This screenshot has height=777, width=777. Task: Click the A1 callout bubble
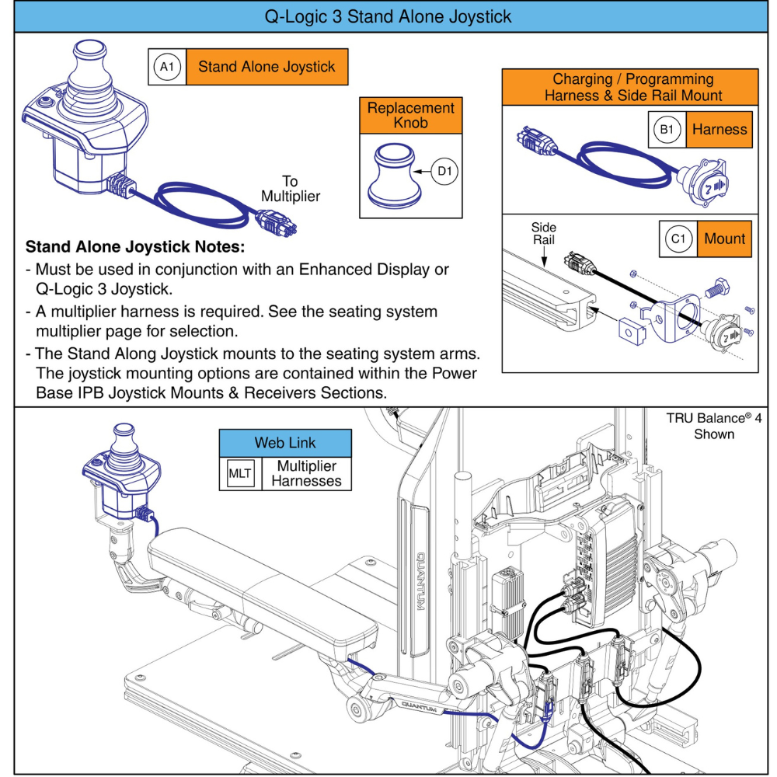click(x=166, y=67)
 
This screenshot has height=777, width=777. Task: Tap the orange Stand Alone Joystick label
click(x=267, y=67)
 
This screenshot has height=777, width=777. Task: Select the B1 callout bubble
click(x=666, y=130)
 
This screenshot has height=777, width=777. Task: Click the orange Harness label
click(x=720, y=130)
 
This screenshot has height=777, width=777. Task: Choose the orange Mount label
click(x=724, y=239)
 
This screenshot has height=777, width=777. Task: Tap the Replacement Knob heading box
click(x=410, y=116)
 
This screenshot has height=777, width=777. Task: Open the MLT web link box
click(x=240, y=474)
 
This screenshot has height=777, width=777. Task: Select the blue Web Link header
click(x=285, y=443)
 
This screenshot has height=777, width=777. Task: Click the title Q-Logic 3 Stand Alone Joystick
click(x=388, y=16)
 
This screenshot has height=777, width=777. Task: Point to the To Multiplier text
click(x=290, y=189)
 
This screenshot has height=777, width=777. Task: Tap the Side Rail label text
click(x=544, y=234)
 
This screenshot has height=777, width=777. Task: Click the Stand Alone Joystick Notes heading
click(x=135, y=248)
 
